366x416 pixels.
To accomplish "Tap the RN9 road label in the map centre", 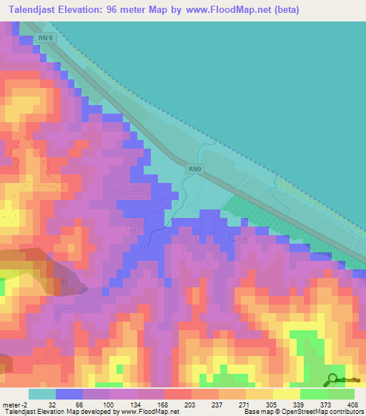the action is tap(196, 169).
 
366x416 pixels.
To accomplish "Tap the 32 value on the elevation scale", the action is tap(52, 404).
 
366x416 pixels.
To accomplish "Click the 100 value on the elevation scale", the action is tap(107, 404).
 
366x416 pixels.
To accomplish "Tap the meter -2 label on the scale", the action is tap(16, 404).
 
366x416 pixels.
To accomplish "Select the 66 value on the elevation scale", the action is tap(79, 404).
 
